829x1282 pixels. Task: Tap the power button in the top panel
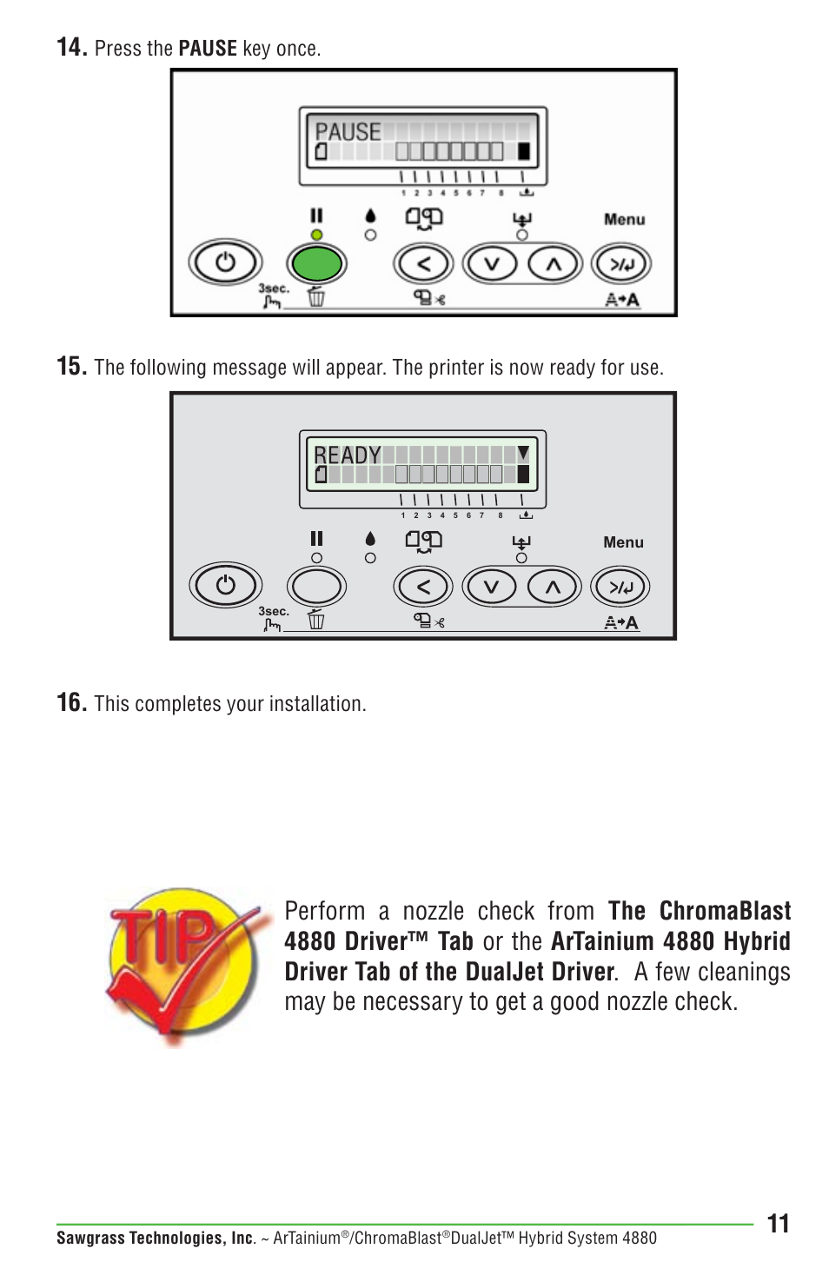pos(225,262)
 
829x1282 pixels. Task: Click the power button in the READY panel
pos(225,585)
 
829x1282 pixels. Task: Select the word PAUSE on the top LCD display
pos(348,132)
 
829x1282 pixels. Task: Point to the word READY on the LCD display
pos(347,455)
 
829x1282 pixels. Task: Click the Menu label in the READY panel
pos(623,542)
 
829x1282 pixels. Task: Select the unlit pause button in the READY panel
pos(316,587)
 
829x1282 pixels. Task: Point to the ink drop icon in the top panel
pos(371,216)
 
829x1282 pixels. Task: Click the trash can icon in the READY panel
pos(316,620)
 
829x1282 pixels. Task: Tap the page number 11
pos(778,1224)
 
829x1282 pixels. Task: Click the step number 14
pos(71,47)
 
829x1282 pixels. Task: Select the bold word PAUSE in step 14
pos(207,49)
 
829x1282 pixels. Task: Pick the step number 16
pos(71,702)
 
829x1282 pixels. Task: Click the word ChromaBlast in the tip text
pos(725,911)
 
